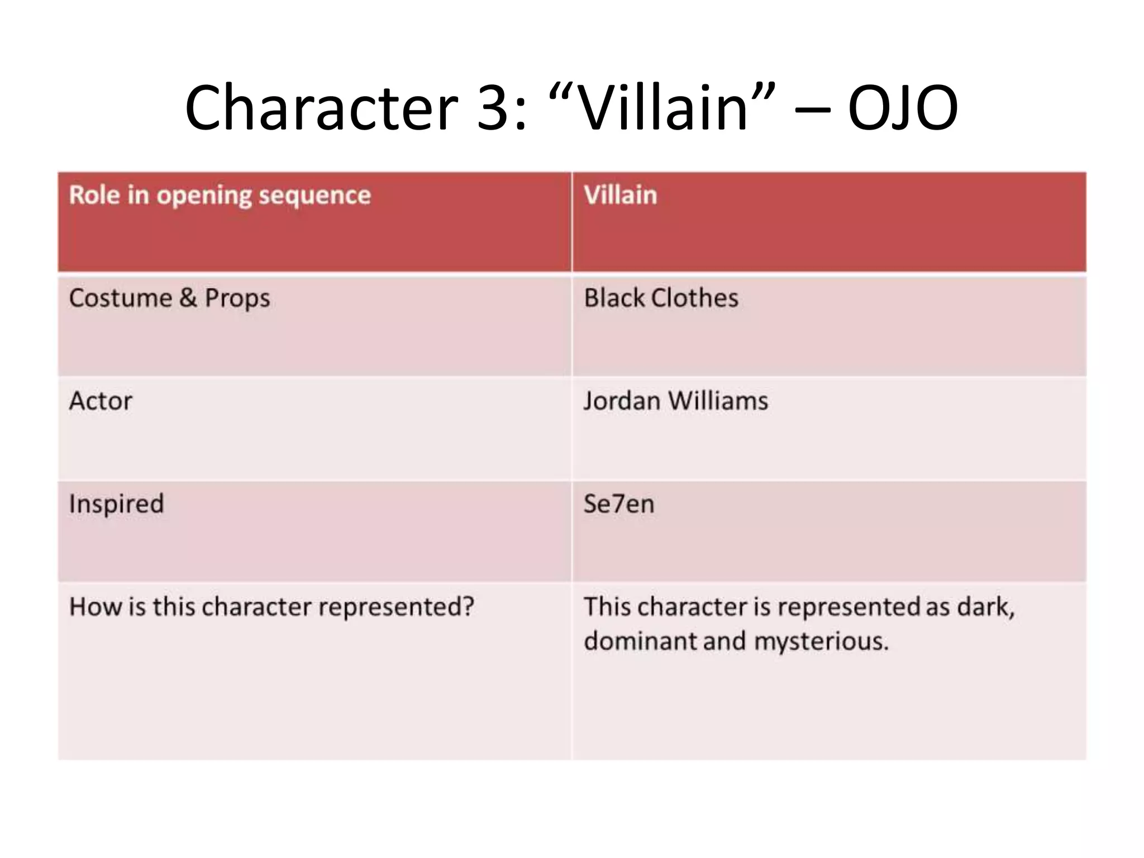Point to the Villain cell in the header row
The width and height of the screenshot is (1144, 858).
pos(620,196)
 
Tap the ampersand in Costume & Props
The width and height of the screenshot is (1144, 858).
pos(188,298)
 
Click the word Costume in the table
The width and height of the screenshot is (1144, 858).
pos(121,298)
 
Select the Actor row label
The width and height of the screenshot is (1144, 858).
pos(101,401)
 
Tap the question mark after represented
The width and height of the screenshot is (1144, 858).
pos(468,607)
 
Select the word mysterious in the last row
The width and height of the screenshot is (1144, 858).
pos(821,641)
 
